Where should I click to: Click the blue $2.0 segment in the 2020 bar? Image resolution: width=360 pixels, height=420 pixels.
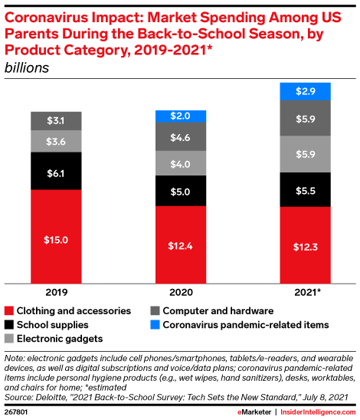(x=180, y=116)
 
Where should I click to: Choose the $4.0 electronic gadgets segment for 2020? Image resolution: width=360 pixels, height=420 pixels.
(x=180, y=164)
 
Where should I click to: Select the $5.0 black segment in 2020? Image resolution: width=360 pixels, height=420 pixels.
(x=180, y=192)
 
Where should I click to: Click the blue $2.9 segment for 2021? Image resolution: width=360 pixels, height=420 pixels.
(x=304, y=91)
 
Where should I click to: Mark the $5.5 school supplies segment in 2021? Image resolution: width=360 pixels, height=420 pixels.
(x=304, y=189)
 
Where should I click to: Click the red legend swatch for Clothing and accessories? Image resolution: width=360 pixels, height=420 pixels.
(x=10, y=311)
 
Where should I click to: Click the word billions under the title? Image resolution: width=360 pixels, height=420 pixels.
(x=27, y=67)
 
